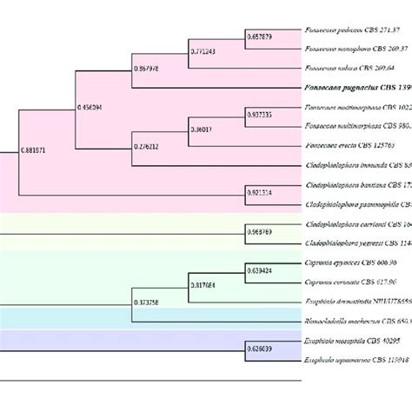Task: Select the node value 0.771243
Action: tap(204, 53)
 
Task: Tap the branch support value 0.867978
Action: tap(147, 69)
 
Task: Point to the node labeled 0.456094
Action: tap(90, 108)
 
